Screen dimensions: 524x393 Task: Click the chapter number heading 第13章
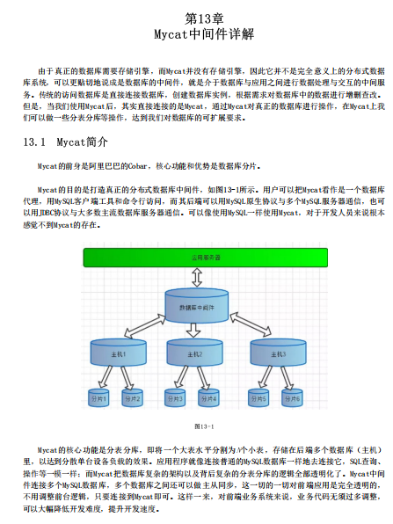pos(196,18)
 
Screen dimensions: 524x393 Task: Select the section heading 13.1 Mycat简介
pos(66,142)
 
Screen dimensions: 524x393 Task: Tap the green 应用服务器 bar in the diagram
pos(196,258)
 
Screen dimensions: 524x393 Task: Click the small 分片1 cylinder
pos(98,398)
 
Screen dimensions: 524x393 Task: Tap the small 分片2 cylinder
pos(132,398)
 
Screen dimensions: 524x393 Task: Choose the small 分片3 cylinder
pos(177,398)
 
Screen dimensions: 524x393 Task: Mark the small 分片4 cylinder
pos(208,398)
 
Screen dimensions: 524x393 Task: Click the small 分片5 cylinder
pos(258,398)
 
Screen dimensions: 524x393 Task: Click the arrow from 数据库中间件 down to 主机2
pos(196,331)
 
